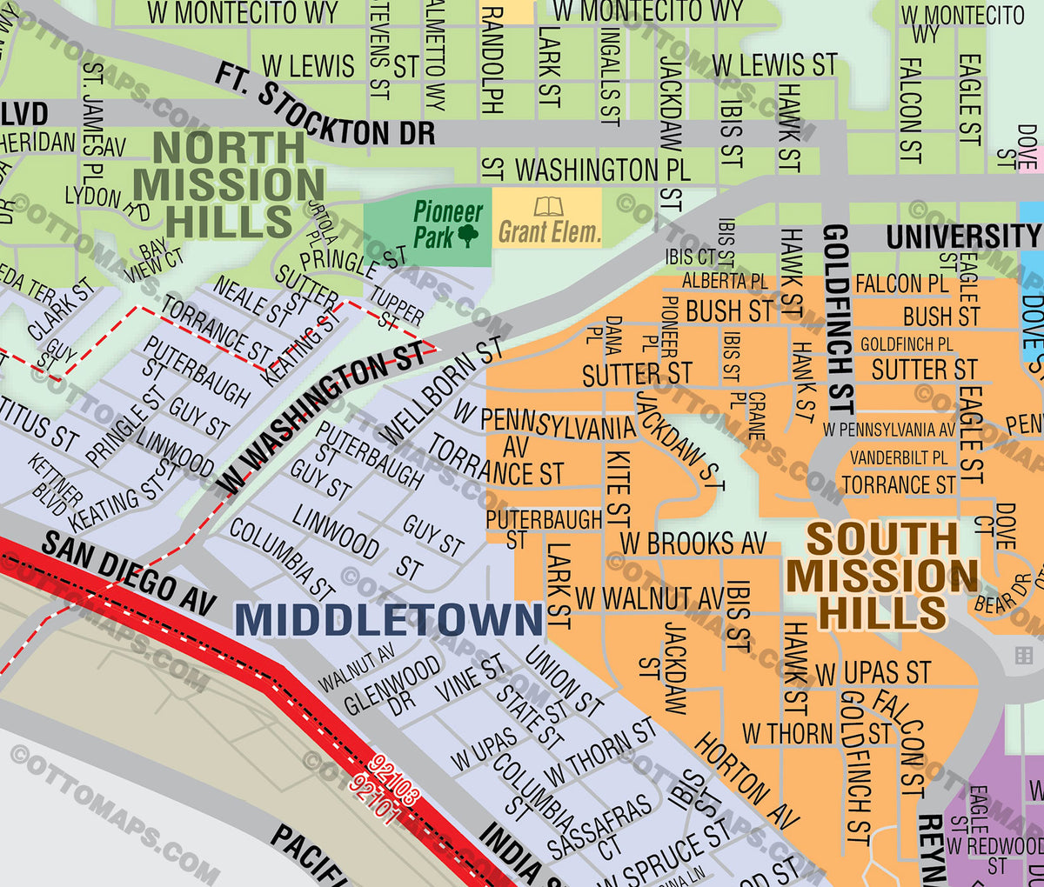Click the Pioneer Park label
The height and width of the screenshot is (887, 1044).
tap(446, 223)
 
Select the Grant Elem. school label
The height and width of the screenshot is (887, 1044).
tap(549, 232)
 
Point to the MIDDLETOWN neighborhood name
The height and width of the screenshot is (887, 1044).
tap(389, 620)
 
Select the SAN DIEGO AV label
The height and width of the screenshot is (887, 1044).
tap(128, 573)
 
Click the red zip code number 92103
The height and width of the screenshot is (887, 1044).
tap(394, 778)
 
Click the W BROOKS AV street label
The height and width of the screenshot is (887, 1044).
tap(693, 544)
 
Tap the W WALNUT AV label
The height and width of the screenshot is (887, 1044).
tap(649, 598)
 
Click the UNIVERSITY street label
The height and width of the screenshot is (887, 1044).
tap(962, 236)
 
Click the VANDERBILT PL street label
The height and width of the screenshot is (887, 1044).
tap(899, 457)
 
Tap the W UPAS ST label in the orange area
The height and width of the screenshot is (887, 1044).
tap(873, 672)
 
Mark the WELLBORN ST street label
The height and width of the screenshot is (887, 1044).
tap(441, 390)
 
